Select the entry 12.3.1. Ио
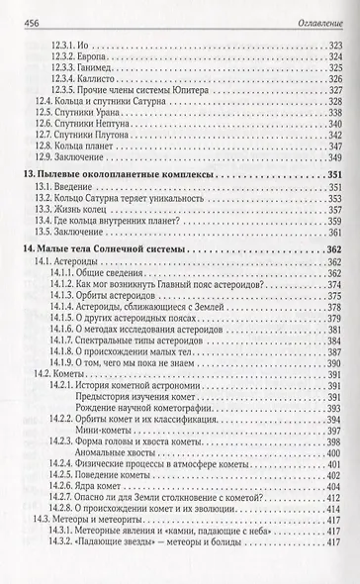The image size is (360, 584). (x=75, y=46)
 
